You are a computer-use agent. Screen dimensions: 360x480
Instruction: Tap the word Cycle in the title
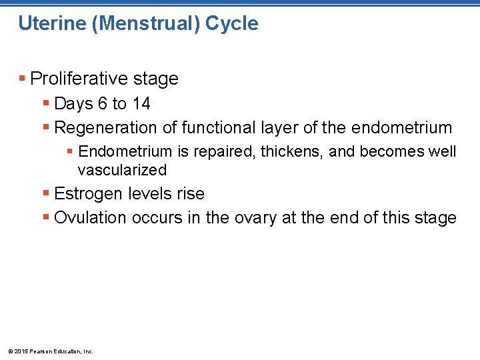pyautogui.click(x=231, y=23)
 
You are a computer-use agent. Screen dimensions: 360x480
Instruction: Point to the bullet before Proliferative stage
pyautogui.click(x=23, y=79)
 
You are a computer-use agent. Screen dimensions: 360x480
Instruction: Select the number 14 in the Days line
pyautogui.click(x=141, y=103)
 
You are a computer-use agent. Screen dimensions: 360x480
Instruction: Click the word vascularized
pyautogui.click(x=122, y=170)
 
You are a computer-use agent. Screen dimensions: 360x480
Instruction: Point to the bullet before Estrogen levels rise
pyautogui.click(x=46, y=194)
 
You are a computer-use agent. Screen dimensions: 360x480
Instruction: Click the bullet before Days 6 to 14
pyautogui.click(x=46, y=103)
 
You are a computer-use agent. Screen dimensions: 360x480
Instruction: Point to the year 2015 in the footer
pyautogui.click(x=20, y=351)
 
